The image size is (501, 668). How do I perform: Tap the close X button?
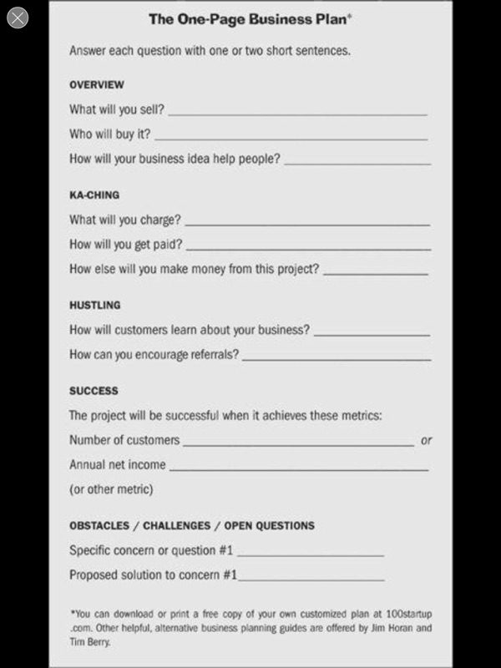(17, 18)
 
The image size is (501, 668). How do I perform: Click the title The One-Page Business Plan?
(249, 18)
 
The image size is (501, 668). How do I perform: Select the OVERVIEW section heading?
(96, 85)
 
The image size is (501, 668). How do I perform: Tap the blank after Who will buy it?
(291, 137)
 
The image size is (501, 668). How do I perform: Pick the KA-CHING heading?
(94, 195)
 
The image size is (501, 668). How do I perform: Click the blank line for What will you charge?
(307, 224)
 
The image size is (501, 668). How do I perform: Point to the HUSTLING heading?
(94, 306)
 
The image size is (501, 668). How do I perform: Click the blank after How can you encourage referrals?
(336, 358)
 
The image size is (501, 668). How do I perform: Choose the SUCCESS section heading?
(94, 391)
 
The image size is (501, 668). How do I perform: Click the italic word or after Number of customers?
(426, 440)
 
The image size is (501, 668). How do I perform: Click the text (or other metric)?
(111, 489)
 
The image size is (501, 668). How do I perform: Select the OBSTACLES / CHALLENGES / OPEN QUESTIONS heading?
(192, 526)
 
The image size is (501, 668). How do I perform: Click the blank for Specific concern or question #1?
(311, 554)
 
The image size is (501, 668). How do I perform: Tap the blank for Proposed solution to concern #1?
(312, 579)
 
